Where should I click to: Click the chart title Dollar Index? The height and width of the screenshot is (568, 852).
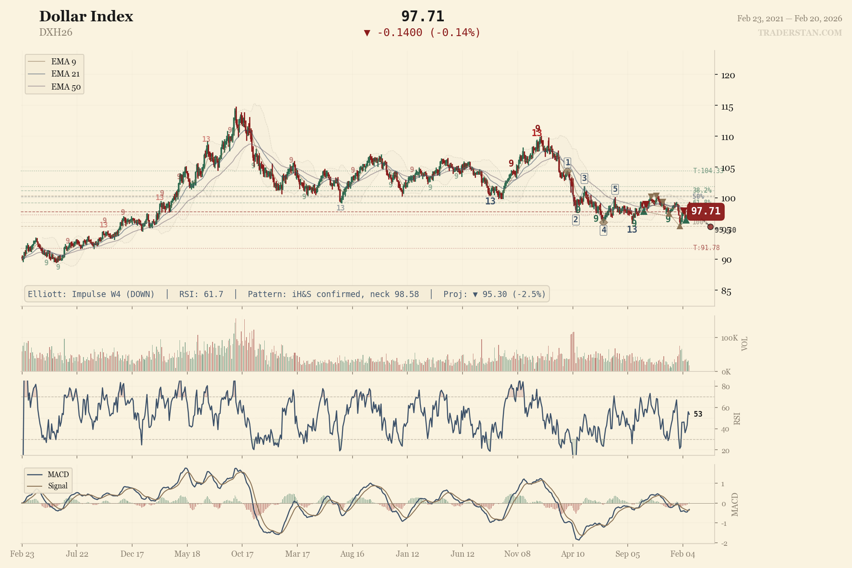(x=86, y=17)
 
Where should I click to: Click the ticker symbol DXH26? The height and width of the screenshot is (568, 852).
(x=56, y=32)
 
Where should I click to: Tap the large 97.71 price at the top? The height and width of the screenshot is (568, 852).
(x=423, y=17)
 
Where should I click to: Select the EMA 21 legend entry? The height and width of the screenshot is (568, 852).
(x=65, y=74)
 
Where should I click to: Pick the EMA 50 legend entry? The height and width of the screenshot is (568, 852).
(x=66, y=87)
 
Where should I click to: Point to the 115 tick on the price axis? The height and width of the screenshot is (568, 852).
(x=727, y=107)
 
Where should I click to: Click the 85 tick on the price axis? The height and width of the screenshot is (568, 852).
(x=726, y=291)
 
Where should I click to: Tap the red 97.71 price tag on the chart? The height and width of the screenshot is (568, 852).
(x=705, y=211)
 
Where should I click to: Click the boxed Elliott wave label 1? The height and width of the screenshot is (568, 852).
(x=567, y=163)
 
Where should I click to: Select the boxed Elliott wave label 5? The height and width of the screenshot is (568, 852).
(x=615, y=189)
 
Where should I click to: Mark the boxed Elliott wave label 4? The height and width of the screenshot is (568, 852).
(x=603, y=230)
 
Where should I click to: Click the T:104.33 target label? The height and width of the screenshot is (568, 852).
(x=708, y=170)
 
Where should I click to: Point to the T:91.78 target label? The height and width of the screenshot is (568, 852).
(x=706, y=248)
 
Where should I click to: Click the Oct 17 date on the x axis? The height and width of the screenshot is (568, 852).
(x=242, y=554)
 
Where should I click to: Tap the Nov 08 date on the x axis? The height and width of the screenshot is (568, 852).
(x=517, y=554)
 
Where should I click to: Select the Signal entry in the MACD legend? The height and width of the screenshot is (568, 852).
(x=57, y=486)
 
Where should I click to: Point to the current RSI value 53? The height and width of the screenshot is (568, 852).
(x=698, y=414)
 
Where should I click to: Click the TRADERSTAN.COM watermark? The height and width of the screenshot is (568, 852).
(x=800, y=33)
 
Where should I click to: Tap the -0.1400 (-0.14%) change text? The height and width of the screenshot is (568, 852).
(x=428, y=33)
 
